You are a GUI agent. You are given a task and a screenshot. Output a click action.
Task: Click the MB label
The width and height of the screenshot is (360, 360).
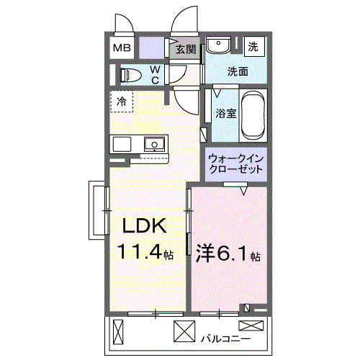pyautogui.click(x=122, y=49)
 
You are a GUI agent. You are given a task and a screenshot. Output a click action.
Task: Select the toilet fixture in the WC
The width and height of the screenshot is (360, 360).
pyautogui.click(x=130, y=74)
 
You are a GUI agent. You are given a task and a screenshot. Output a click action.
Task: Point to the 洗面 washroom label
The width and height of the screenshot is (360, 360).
pyautogui.click(x=238, y=71)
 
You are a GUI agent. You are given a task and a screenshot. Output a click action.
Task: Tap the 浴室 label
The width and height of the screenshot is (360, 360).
pyautogui.click(x=225, y=113)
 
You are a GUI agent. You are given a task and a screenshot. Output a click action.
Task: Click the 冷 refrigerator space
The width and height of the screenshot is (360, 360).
pyautogui.click(x=122, y=102)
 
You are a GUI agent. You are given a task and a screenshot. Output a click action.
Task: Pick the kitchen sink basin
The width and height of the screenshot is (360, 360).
pyautogui.click(x=153, y=143)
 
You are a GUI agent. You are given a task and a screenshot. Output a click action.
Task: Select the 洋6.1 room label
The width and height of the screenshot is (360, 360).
pyautogui.click(x=225, y=254)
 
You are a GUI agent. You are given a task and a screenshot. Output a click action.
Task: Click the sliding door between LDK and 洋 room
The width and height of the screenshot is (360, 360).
pyautogui.click(x=189, y=223)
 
